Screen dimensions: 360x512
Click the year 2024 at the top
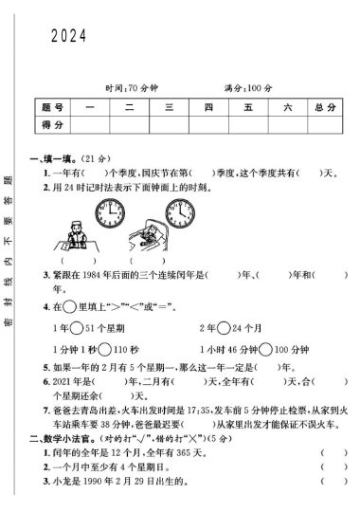pos(68,36)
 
